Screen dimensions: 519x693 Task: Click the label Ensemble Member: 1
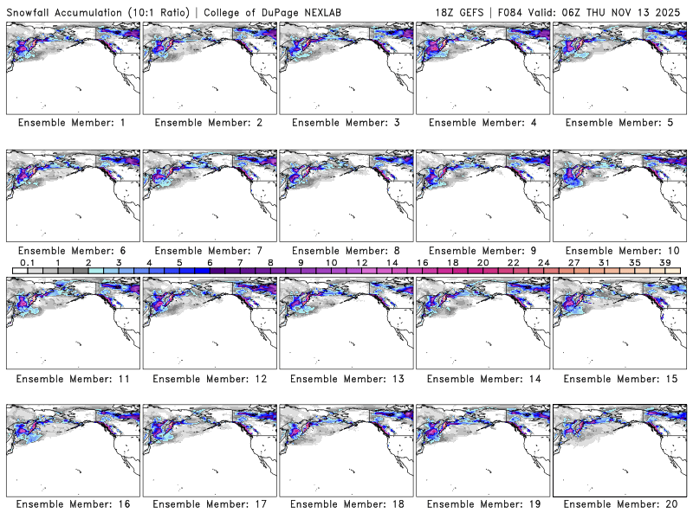click(x=72, y=123)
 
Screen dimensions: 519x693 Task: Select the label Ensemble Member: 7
click(x=208, y=250)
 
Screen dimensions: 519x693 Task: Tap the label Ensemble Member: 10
click(x=618, y=250)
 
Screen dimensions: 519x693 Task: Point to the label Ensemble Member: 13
click(x=345, y=378)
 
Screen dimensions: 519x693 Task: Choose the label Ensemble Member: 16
click(x=72, y=504)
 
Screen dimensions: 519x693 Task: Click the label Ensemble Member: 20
click(x=618, y=504)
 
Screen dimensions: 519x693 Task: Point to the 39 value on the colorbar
click(x=665, y=262)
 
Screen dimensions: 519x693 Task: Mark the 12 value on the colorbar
click(x=362, y=262)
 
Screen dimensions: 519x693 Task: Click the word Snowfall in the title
click(x=30, y=10)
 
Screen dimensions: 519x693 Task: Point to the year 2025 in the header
click(x=671, y=10)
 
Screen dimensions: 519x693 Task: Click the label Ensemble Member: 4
click(x=482, y=123)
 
